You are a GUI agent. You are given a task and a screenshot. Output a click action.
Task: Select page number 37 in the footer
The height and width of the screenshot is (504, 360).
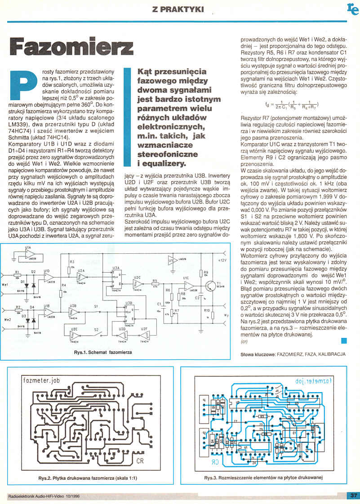pos(352,495)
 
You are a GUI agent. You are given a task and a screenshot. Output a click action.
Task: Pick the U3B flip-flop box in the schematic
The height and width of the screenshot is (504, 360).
pos(129,309)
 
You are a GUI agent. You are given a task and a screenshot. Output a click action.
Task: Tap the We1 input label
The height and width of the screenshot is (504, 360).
pos(6,285)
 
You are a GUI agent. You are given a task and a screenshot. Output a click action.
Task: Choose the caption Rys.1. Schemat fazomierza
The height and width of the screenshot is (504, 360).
pos(103,353)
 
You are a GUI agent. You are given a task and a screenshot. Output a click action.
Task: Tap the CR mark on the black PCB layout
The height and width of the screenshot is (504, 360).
pos(141,461)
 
